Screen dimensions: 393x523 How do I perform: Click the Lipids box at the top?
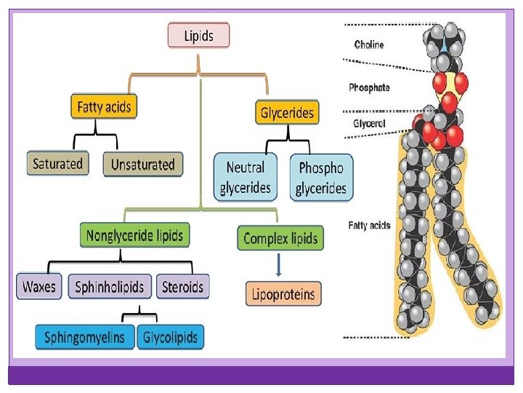click(x=198, y=36)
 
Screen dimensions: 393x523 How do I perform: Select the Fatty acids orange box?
click(x=104, y=107)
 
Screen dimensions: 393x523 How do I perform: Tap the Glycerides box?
click(x=288, y=113)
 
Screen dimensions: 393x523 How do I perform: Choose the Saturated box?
click(x=57, y=164)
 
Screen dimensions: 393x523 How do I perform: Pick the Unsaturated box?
click(x=142, y=164)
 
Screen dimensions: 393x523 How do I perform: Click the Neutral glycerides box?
click(x=246, y=178)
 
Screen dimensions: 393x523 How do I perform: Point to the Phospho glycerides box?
click(x=321, y=178)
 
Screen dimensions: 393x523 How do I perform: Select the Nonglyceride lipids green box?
click(x=134, y=236)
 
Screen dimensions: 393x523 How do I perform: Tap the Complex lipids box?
click(x=280, y=239)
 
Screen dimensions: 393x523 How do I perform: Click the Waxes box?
click(x=39, y=287)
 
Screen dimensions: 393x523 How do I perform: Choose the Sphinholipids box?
click(x=110, y=287)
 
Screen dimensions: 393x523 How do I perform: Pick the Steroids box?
click(x=183, y=287)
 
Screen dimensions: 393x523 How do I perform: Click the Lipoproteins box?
click(x=283, y=294)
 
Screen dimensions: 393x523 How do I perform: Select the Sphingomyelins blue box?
click(x=84, y=338)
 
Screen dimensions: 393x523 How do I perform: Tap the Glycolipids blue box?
click(x=171, y=338)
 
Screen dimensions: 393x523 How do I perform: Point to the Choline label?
click(x=369, y=44)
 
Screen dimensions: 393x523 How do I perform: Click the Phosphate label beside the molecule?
click(x=369, y=87)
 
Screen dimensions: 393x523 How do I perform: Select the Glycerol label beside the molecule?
click(x=369, y=124)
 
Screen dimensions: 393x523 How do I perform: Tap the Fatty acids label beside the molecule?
click(x=369, y=226)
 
